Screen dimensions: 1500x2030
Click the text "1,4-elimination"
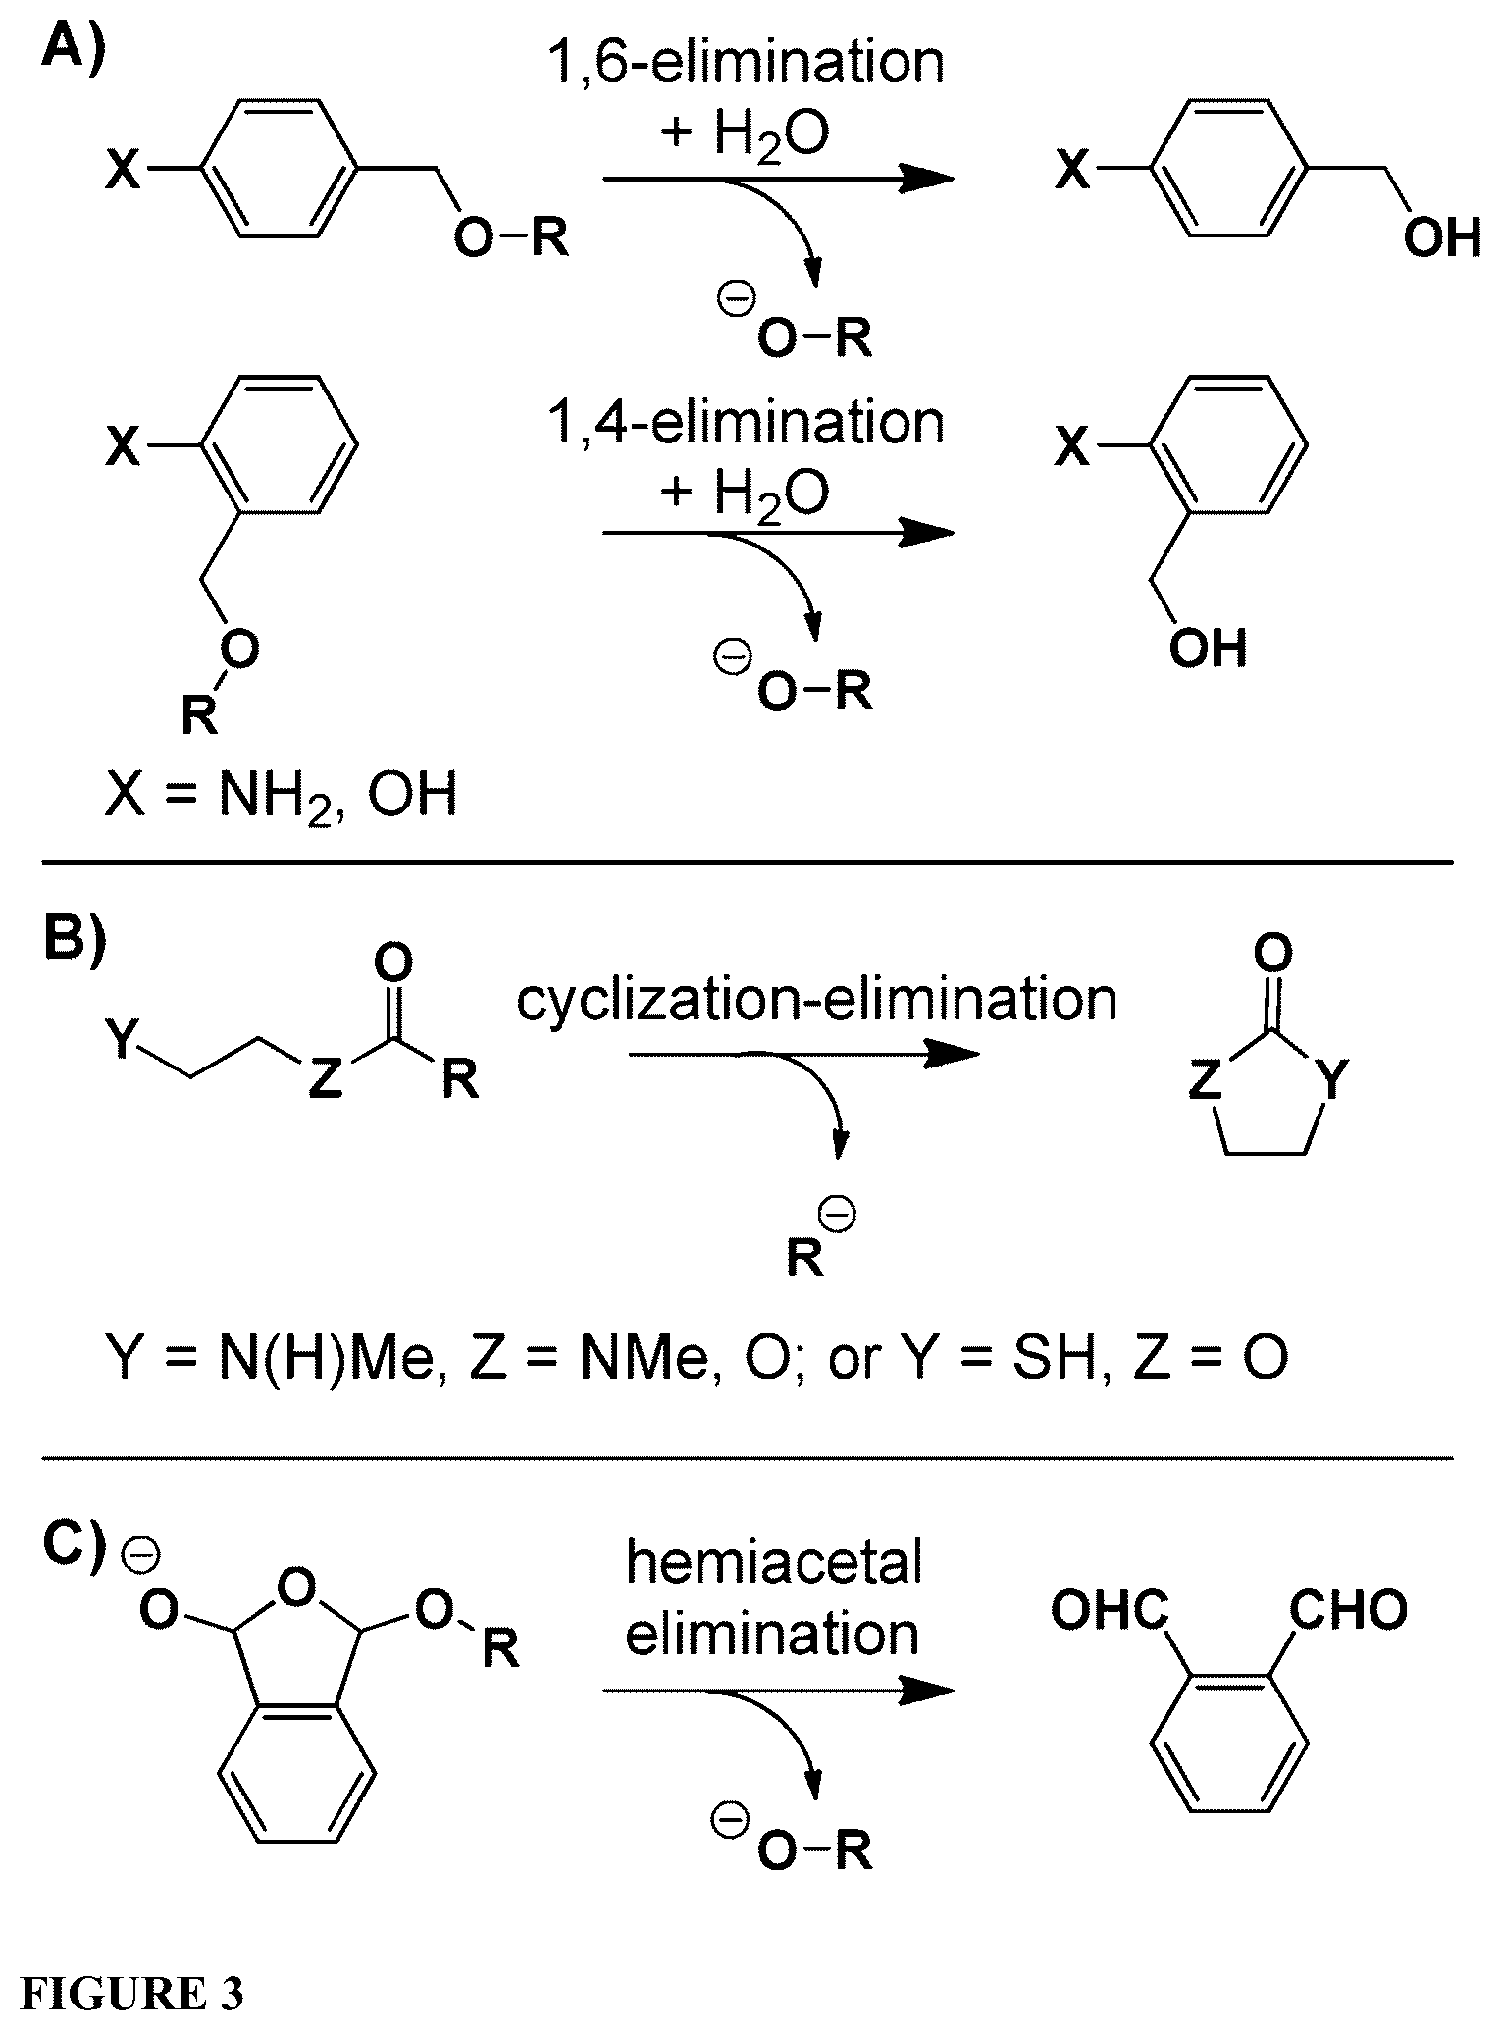click(747, 423)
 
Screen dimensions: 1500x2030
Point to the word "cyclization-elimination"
click(817, 1001)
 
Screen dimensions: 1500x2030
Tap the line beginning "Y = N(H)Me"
click(697, 1360)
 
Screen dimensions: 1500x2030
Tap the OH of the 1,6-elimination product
click(1442, 239)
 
